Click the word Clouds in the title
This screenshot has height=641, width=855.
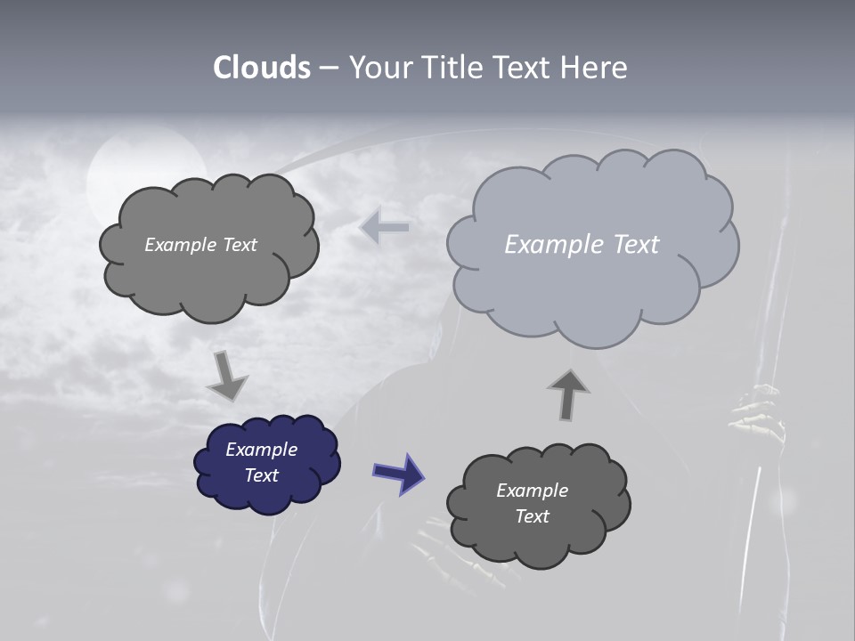(261, 68)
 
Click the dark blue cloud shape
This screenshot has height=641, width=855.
(267, 464)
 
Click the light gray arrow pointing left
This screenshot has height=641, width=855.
(385, 227)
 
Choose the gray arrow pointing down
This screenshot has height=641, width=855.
(226, 376)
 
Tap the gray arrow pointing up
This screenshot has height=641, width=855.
(567, 394)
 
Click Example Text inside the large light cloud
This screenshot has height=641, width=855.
(582, 245)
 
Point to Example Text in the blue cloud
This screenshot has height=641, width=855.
(262, 462)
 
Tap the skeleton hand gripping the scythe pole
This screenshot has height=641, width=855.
(757, 414)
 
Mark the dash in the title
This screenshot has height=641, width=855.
(328, 68)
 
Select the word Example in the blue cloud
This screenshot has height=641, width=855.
(262, 450)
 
